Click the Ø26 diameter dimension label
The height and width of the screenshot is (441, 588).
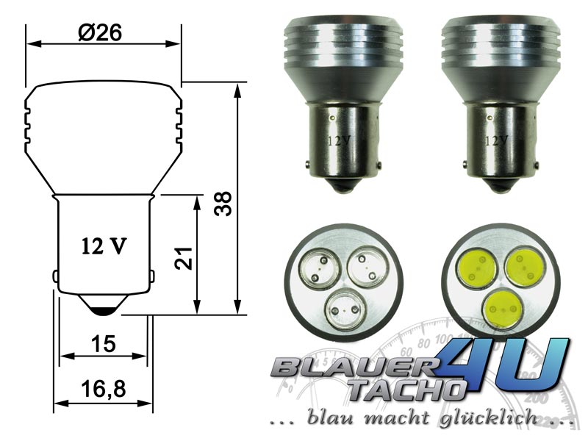coord(100,33)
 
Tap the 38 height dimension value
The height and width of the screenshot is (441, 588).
coord(223,204)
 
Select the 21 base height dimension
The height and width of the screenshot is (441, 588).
coord(183,259)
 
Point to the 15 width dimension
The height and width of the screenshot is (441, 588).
coord(104,344)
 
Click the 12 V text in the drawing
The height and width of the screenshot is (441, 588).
coord(104,246)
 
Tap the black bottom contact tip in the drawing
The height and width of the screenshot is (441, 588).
coord(104,311)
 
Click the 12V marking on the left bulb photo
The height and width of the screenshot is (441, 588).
coord(339,141)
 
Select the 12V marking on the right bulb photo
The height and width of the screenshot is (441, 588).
coord(497,141)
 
